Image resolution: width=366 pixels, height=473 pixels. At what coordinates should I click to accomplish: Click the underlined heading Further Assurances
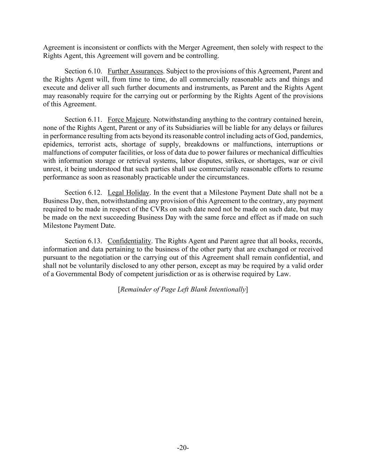pyautogui.click(x=135, y=71)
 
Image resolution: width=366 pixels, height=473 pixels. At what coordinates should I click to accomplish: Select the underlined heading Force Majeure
pyautogui.click(x=128, y=120)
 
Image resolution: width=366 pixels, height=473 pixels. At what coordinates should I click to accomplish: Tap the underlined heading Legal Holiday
pyautogui.click(x=128, y=193)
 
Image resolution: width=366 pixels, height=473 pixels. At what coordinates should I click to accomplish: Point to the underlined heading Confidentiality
pyautogui.click(x=129, y=241)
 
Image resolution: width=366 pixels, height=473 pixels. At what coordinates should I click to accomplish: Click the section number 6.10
pyautogui.click(x=95, y=71)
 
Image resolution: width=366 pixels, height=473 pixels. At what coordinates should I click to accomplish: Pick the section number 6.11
pyautogui.click(x=95, y=120)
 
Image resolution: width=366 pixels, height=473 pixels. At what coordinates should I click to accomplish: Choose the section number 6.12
pyautogui.click(x=95, y=193)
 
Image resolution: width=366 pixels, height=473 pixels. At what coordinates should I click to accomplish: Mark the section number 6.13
pyautogui.click(x=95, y=241)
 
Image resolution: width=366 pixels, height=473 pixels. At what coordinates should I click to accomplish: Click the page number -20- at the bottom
pyautogui.click(x=183, y=448)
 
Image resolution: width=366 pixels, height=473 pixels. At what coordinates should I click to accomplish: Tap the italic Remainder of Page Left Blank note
pyautogui.click(x=183, y=289)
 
